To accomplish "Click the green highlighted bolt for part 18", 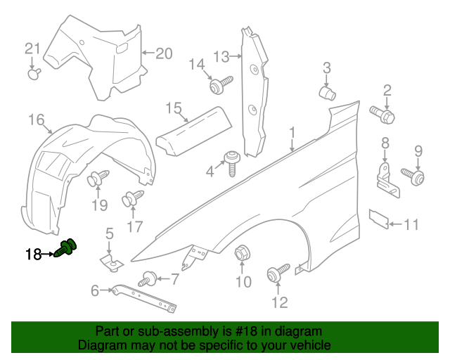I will click(x=68, y=248).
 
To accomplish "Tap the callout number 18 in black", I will click(x=34, y=255).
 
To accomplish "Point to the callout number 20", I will click(x=163, y=53).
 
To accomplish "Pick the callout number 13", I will click(x=221, y=56).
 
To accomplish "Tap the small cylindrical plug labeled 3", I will click(x=327, y=92).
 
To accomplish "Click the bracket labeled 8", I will click(x=386, y=176).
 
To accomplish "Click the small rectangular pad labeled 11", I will click(x=380, y=218).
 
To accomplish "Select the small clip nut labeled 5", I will click(x=109, y=262).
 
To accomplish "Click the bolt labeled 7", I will click(x=149, y=278).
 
